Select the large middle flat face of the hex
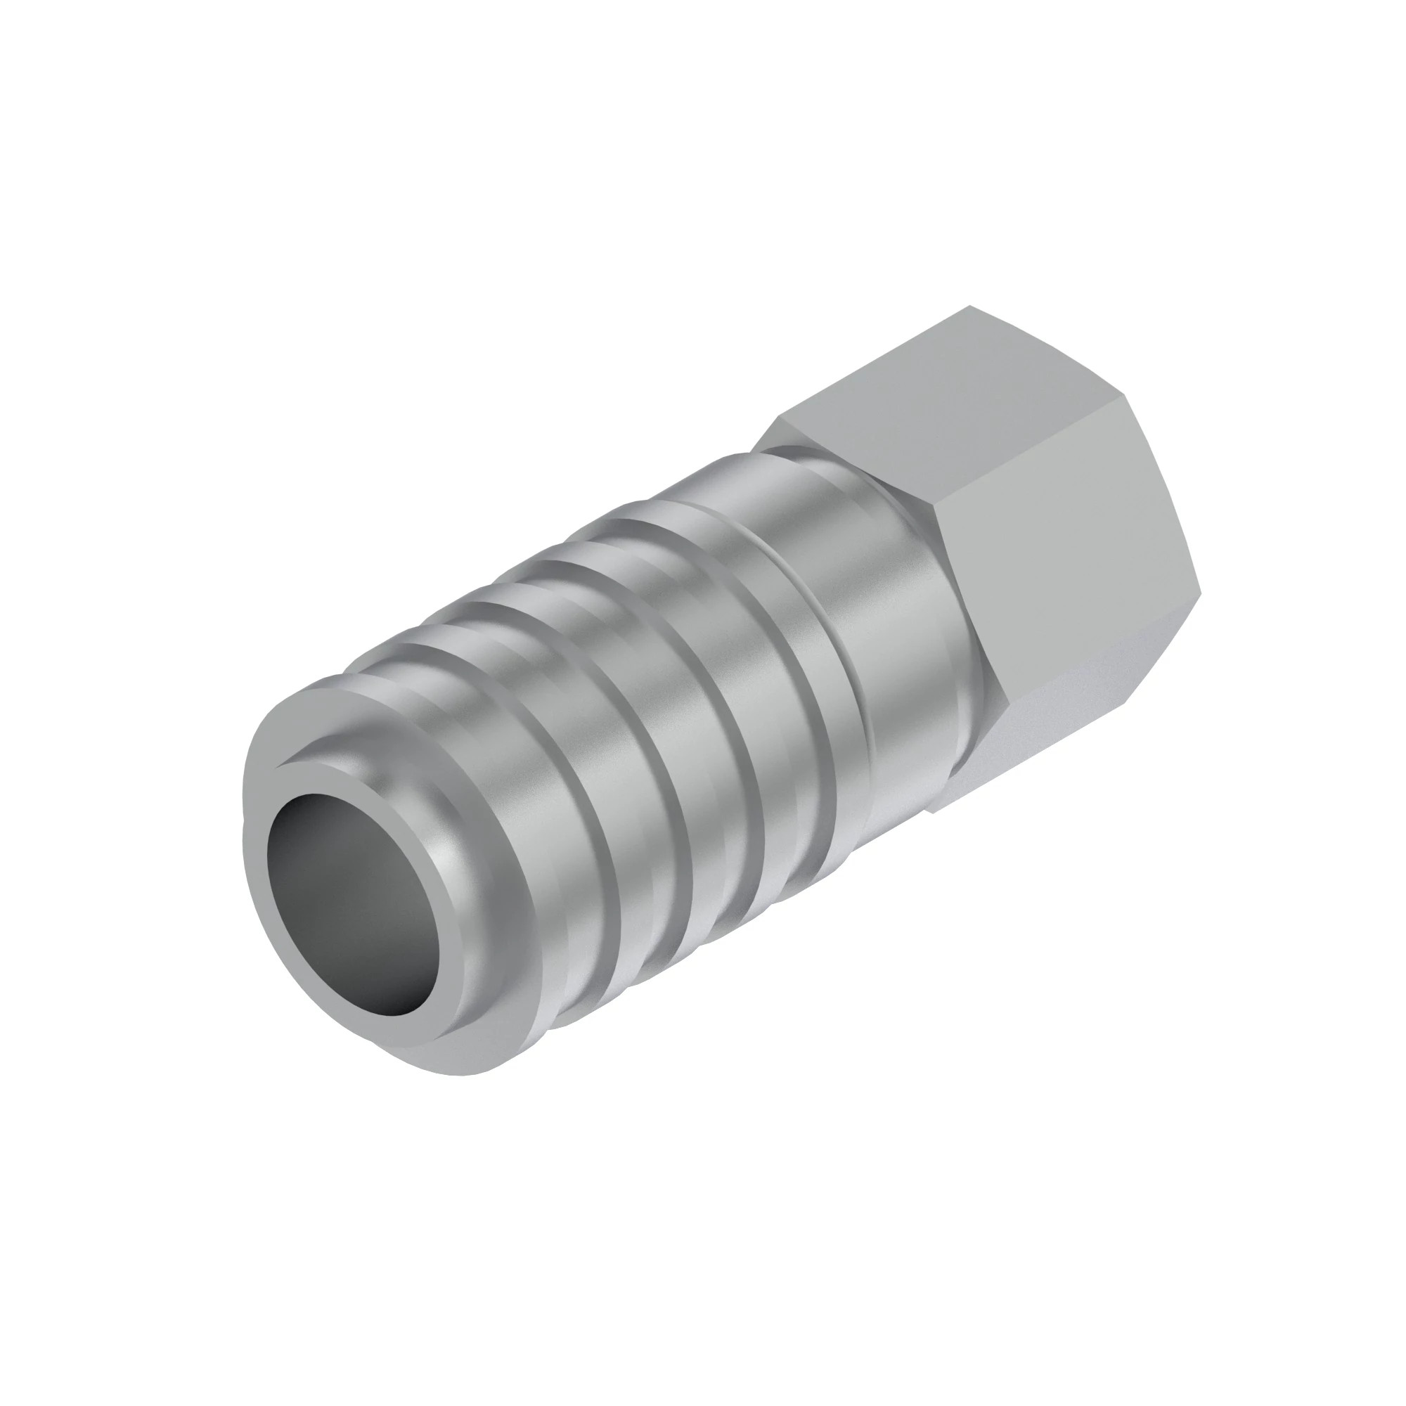pos(1077,567)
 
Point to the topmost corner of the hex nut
pos(972,307)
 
